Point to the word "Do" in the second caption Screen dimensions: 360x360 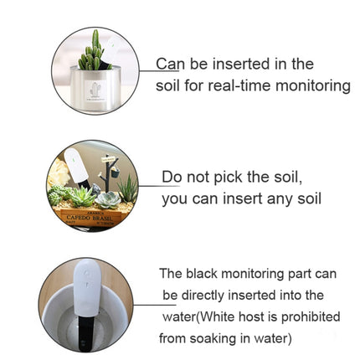point(172,177)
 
